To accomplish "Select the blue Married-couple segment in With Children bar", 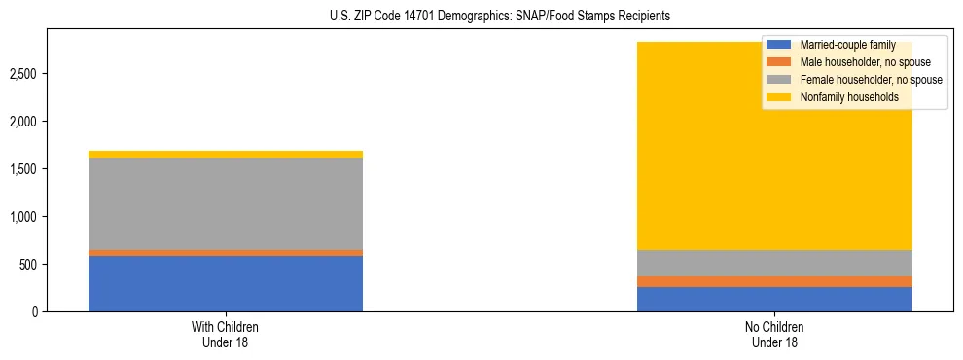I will (226, 283).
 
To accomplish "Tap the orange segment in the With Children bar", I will (226, 253).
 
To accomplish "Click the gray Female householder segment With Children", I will (226, 203).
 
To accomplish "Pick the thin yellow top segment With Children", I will (226, 154).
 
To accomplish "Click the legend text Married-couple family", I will (848, 45).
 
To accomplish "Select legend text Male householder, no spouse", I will (865, 62).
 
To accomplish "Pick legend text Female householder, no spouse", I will (871, 80).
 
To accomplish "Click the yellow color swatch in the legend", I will (779, 97).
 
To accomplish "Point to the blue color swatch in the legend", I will (779, 45).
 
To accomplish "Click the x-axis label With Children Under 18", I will (226, 334).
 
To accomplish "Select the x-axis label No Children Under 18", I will (774, 334).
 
